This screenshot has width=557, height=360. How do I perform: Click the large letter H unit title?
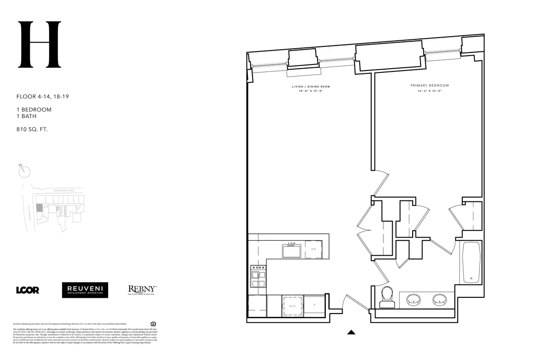(39, 45)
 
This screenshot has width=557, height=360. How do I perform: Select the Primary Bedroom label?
(429, 85)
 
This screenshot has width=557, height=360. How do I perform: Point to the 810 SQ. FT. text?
(32, 129)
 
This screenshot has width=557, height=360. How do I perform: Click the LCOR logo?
(27, 290)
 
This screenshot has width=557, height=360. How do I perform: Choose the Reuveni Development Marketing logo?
(85, 290)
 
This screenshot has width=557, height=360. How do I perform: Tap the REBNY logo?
(142, 290)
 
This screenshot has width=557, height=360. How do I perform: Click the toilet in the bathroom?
(387, 297)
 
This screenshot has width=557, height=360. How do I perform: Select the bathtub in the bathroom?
(472, 262)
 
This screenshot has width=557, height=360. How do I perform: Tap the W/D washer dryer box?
(293, 306)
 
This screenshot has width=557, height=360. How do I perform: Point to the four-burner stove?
(258, 277)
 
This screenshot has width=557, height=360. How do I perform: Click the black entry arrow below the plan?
(351, 332)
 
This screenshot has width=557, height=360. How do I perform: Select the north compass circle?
(25, 171)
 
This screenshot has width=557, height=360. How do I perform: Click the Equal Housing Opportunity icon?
(154, 323)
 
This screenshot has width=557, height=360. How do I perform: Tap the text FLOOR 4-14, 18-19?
(43, 97)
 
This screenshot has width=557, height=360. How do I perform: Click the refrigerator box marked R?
(314, 305)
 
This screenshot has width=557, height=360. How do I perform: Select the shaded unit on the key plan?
(39, 210)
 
